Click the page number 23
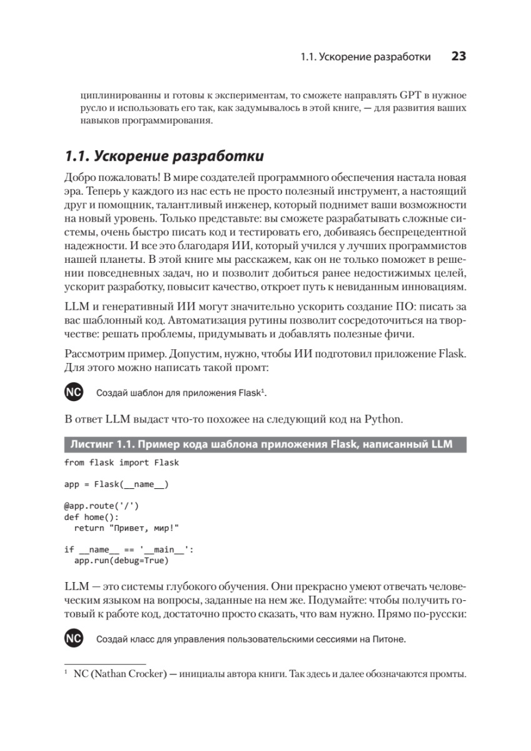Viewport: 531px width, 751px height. (x=458, y=56)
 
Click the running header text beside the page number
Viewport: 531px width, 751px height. (x=365, y=57)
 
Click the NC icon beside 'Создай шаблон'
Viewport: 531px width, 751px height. (x=73, y=392)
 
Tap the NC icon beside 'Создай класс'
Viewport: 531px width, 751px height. (x=73, y=639)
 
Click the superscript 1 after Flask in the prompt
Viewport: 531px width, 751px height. (x=263, y=391)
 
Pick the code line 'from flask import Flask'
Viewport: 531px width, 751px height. (x=121, y=463)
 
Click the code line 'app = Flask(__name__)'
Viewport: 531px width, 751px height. (x=116, y=484)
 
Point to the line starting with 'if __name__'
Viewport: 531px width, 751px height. (x=129, y=549)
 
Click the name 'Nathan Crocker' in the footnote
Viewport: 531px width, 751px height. (x=129, y=675)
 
